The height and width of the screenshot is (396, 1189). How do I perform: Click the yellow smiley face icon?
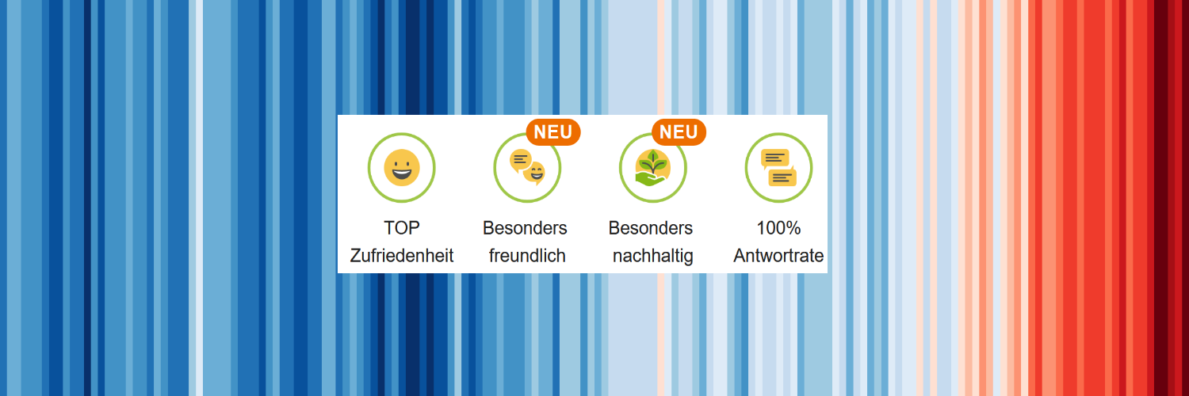(402, 168)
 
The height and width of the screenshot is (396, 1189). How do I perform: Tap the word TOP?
(402, 228)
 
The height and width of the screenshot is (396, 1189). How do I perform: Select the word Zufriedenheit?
(402, 256)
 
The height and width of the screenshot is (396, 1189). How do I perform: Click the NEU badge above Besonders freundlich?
(553, 132)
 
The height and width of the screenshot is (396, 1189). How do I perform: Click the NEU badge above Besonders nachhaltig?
(679, 132)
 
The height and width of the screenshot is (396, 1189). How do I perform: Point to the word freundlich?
(527, 256)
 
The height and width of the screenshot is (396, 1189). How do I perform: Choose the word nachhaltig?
(653, 257)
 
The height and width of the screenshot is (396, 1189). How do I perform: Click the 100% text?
(778, 228)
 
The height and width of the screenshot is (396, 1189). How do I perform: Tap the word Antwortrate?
(778, 256)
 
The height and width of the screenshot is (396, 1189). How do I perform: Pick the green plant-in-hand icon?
(652, 168)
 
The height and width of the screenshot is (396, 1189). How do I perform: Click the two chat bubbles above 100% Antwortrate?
(778, 168)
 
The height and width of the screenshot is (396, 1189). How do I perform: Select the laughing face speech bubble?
(534, 173)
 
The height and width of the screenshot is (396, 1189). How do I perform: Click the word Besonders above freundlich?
(525, 228)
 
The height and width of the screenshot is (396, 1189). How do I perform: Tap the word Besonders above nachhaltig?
(651, 228)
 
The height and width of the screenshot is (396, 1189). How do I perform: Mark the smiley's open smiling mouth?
(402, 173)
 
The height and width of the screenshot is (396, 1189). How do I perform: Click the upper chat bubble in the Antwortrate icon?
(774, 158)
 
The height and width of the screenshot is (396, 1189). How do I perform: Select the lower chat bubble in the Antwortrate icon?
(783, 177)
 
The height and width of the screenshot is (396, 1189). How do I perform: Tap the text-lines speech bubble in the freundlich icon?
(520, 161)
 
